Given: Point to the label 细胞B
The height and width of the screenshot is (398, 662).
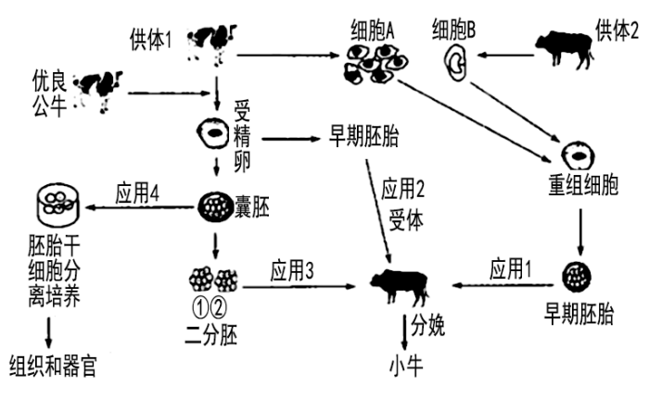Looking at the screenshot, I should tap(454, 29).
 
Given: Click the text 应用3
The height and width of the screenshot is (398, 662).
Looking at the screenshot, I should tap(293, 271).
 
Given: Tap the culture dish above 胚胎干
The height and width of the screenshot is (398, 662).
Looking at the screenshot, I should tap(55, 205).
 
